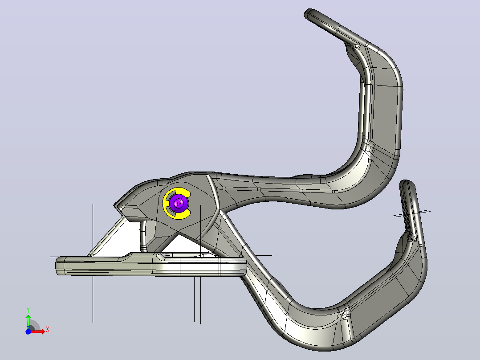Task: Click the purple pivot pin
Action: pos(179,203)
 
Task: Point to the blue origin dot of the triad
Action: pos(28,331)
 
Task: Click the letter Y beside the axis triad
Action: pos(28,310)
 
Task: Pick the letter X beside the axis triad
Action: pos(48,330)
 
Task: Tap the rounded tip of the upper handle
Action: pos(309,13)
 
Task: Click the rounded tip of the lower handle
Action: pos(406,184)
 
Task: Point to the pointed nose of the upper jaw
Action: pos(115,205)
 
